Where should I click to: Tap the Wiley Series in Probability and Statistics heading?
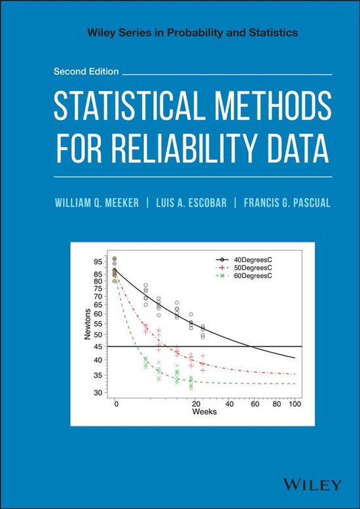click(x=180, y=31)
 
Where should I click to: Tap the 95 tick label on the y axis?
click(x=98, y=261)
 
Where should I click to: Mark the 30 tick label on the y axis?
click(x=98, y=392)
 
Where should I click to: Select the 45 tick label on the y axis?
click(x=98, y=346)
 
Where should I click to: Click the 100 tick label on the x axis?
click(x=295, y=405)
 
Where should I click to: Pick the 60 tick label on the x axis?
click(x=255, y=405)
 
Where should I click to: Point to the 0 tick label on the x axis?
click(x=116, y=405)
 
